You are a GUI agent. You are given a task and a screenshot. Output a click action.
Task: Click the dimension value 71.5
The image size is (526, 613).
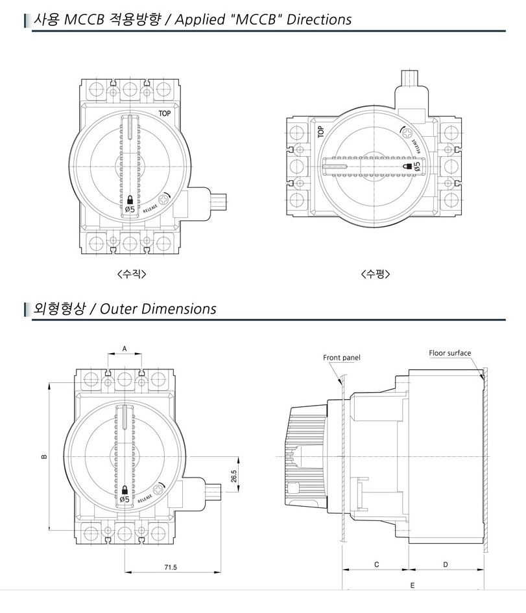[x=171, y=568]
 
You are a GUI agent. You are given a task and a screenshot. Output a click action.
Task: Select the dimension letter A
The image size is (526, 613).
[x=125, y=348]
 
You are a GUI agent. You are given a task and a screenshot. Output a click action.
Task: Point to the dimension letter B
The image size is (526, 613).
[x=44, y=456]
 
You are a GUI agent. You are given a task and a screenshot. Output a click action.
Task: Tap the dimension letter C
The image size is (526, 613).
[x=376, y=564]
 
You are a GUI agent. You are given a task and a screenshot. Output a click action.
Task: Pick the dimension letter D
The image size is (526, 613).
[x=446, y=564]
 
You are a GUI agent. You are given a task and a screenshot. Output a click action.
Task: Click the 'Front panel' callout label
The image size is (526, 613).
[x=342, y=358]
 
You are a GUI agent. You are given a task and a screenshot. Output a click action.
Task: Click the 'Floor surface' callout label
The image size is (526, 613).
[x=450, y=353]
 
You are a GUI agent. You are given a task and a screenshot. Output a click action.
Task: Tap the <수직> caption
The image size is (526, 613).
[x=132, y=273]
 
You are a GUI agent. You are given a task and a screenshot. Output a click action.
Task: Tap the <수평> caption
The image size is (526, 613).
[x=376, y=273]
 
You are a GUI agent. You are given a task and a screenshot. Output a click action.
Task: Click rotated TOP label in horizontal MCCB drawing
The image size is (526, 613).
[x=320, y=132]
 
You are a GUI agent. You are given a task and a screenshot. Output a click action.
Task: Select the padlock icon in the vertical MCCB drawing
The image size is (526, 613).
[x=130, y=200]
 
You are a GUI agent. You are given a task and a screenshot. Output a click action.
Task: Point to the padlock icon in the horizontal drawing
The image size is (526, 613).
[x=408, y=167]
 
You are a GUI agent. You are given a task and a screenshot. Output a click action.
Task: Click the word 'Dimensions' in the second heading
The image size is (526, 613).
[x=179, y=308]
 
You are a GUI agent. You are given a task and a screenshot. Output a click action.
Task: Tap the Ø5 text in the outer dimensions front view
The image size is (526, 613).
[x=124, y=499]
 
